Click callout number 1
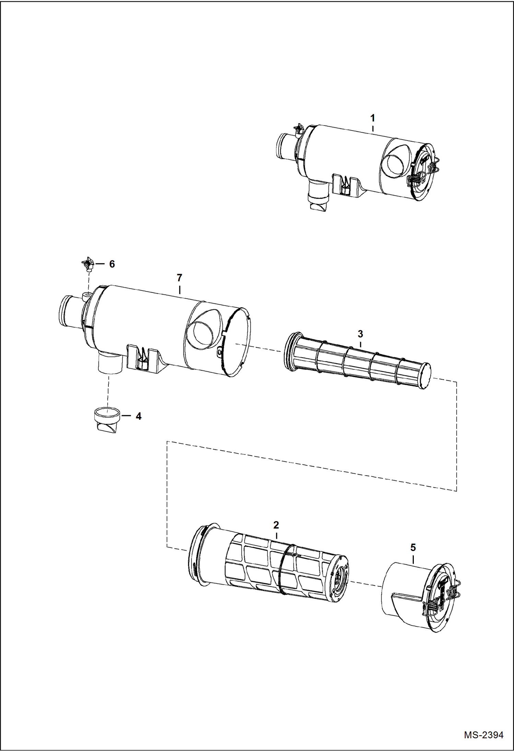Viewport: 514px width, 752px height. [372, 118]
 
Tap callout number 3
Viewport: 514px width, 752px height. [360, 334]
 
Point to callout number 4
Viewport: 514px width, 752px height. [138, 416]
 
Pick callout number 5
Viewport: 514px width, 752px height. [413, 547]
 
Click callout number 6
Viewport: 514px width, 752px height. [112, 264]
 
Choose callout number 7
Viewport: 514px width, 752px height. [179, 277]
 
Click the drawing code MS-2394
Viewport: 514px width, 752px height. [483, 735]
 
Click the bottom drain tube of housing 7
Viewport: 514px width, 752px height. [109, 363]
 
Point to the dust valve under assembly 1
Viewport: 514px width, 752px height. [319, 204]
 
